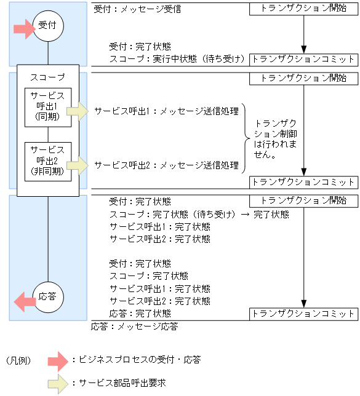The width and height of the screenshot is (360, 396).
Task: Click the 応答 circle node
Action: [x=48, y=296]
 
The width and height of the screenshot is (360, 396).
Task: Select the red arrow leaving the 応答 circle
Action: [x=25, y=301]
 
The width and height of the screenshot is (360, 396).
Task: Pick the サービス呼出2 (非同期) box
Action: [x=48, y=160]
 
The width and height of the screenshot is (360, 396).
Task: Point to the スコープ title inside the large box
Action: [x=48, y=77]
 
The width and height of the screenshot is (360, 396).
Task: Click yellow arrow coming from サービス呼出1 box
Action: [x=78, y=111]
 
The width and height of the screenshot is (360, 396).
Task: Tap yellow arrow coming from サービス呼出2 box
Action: [x=78, y=164]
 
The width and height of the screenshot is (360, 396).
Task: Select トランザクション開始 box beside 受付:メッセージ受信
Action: [x=303, y=10]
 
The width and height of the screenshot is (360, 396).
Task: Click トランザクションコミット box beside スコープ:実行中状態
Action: [x=303, y=59]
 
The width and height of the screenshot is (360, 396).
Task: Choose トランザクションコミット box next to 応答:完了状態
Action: [x=303, y=314]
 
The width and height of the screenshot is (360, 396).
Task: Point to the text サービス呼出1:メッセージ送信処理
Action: [x=166, y=111]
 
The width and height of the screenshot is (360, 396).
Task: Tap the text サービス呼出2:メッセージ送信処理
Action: [x=166, y=165]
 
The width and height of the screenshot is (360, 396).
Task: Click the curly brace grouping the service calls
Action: [x=244, y=138]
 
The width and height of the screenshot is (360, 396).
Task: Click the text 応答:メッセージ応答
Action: [x=135, y=327]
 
